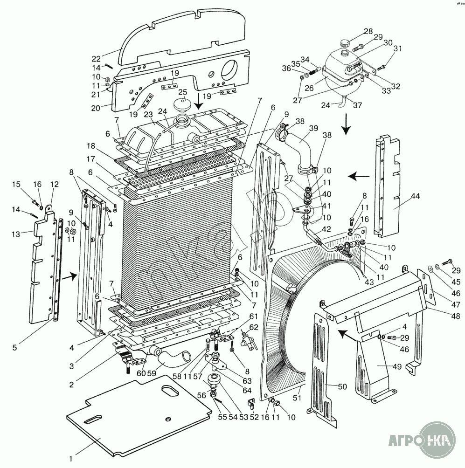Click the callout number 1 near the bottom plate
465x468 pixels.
tap(71, 457)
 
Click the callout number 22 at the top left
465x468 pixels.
tap(96, 59)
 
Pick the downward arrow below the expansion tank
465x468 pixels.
tap(346, 124)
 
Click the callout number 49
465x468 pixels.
tap(396, 366)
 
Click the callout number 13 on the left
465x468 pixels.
tap(16, 234)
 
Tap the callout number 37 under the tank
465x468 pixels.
tap(357, 105)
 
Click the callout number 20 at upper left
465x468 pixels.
tap(96, 108)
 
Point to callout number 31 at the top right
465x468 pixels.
tap(397, 48)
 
